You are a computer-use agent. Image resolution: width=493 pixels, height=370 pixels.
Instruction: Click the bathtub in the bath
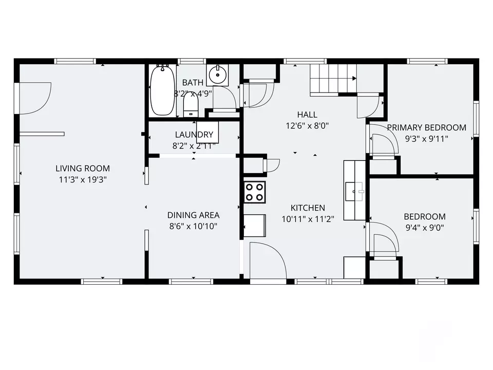click(x=163, y=90)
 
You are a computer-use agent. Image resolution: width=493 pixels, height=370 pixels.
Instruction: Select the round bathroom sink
click(x=217, y=75)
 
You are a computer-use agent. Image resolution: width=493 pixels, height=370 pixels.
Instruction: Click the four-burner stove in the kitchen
click(x=255, y=192)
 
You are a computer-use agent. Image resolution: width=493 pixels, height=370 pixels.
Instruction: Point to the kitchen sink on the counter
click(x=354, y=191)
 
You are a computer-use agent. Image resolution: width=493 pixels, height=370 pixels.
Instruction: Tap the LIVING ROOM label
click(x=83, y=169)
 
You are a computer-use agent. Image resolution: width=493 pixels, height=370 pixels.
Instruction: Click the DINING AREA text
click(x=194, y=215)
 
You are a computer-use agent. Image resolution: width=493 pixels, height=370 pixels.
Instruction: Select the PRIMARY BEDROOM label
click(x=426, y=127)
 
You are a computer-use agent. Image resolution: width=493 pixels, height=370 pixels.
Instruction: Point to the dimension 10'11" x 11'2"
click(x=308, y=219)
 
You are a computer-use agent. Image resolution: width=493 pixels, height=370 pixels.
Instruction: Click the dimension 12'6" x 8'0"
click(x=307, y=126)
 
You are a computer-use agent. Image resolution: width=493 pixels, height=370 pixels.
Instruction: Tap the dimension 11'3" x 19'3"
click(x=83, y=180)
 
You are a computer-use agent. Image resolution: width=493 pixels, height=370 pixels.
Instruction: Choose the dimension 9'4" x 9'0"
click(x=425, y=228)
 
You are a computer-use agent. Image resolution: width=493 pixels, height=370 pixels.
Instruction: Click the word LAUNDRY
click(x=194, y=135)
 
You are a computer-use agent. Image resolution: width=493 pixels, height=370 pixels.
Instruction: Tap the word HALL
click(x=307, y=115)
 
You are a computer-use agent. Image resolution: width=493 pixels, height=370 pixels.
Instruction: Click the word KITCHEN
click(x=308, y=208)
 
